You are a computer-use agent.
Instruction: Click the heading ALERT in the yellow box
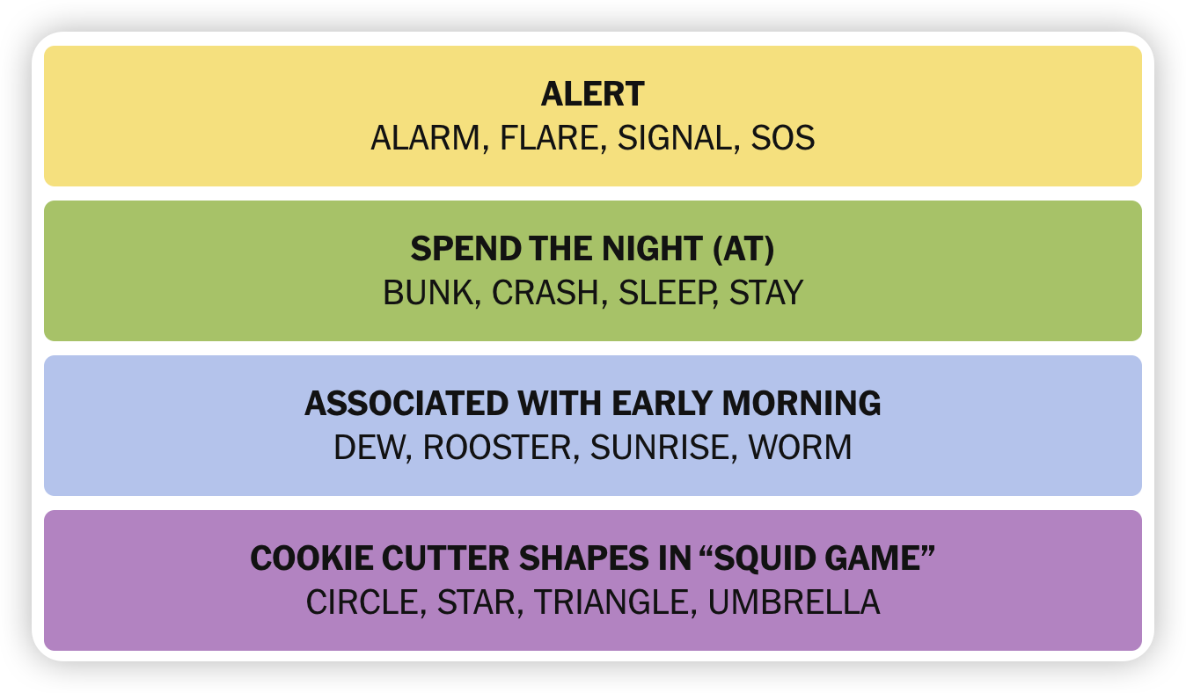[x=592, y=94]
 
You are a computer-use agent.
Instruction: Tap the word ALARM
[x=425, y=138]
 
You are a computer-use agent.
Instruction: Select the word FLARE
[x=549, y=138]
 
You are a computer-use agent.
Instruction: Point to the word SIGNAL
[x=675, y=138]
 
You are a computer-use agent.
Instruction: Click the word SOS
[x=782, y=138]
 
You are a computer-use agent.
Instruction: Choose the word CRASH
[x=545, y=293]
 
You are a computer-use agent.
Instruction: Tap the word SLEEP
[x=665, y=293]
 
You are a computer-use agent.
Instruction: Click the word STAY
[x=766, y=293]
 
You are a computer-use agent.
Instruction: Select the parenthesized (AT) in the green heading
[x=743, y=248]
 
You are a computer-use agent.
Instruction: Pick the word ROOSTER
[x=498, y=448]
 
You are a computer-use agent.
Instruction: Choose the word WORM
[x=800, y=448]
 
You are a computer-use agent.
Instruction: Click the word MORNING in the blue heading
[x=802, y=404]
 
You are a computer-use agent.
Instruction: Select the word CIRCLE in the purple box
[x=362, y=602]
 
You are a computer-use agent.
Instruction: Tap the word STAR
[x=477, y=602]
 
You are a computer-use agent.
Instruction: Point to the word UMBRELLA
[x=794, y=602]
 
